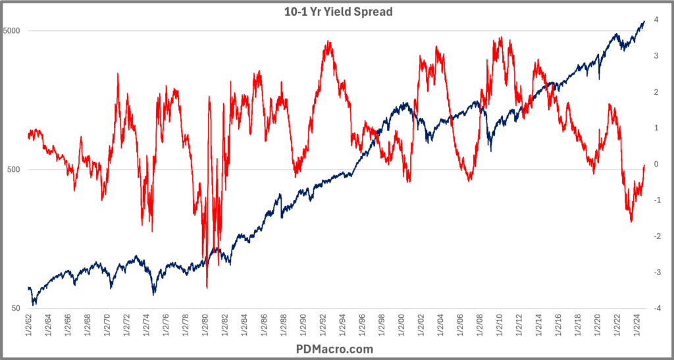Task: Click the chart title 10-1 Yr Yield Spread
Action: tap(337, 11)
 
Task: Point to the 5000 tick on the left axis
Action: tap(13, 31)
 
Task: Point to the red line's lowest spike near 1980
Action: tap(207, 288)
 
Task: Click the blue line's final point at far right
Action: tap(644, 21)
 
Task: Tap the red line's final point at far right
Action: tap(644, 166)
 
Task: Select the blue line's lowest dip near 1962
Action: tap(34, 305)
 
